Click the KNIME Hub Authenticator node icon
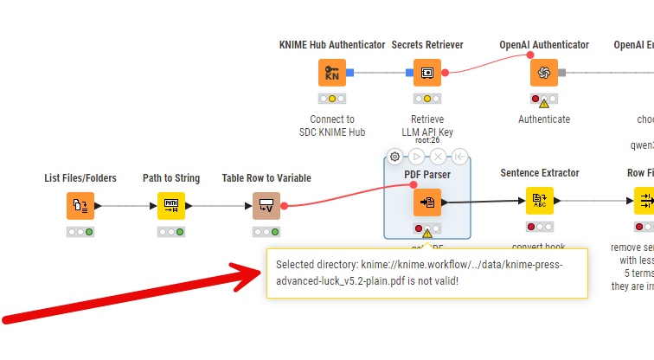click(332, 73)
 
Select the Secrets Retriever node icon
click(426, 73)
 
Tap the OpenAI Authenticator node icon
click(544, 73)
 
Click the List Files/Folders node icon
click(80, 206)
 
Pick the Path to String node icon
click(171, 206)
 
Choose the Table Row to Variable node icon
click(266, 206)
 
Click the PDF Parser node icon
click(427, 202)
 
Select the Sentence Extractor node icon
click(540, 201)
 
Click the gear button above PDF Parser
click(394, 157)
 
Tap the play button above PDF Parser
click(416, 157)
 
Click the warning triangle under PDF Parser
click(427, 233)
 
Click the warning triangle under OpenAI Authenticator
click(544, 103)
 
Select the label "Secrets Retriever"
click(426, 44)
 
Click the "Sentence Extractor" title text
click(540, 173)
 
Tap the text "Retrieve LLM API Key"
click(426, 125)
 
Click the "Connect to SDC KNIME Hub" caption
click(332, 125)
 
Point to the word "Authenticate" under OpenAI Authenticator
click(544, 119)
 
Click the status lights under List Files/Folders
click(80, 232)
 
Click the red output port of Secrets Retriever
click(445, 73)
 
